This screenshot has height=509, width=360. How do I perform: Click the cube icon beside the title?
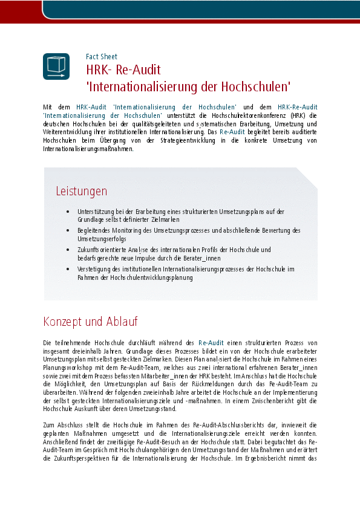tap(56, 66)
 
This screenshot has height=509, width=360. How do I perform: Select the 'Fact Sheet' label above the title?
tap(102, 57)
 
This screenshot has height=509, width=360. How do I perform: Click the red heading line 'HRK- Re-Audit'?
tap(123, 69)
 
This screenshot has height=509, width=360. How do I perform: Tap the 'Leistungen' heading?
tap(81, 191)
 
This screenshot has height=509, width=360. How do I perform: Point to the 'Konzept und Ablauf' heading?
tap(90, 321)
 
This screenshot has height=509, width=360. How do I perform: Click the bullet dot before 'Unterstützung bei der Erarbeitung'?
tap(67, 212)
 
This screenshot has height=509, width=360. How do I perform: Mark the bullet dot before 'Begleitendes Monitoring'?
tap(67, 230)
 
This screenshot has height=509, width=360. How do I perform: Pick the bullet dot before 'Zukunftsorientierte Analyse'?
tap(67, 249)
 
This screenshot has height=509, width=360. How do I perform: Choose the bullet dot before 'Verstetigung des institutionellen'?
tap(67, 268)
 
